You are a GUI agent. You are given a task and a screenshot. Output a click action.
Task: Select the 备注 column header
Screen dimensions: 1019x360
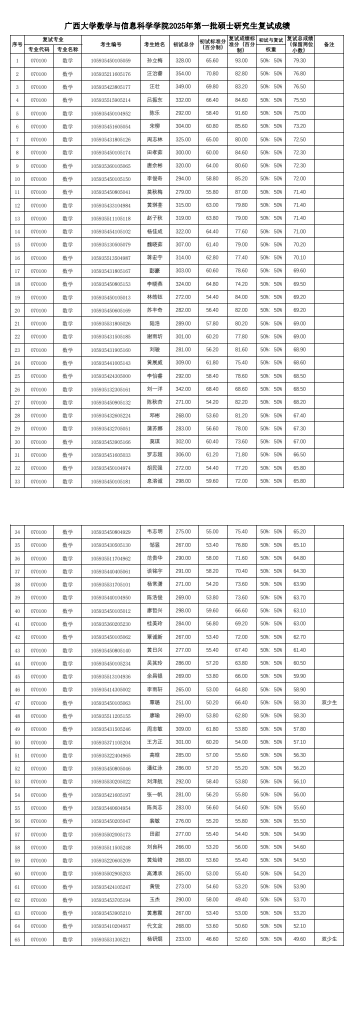coord(329,44)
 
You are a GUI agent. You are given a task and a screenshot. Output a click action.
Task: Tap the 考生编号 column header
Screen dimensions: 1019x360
coord(110,44)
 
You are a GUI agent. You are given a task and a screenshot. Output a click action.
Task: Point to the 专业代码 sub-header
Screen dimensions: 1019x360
coord(38,49)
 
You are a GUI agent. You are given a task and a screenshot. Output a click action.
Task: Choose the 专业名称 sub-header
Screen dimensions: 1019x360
coord(67,49)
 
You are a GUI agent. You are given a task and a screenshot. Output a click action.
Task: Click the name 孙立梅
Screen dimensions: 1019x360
coord(154,60)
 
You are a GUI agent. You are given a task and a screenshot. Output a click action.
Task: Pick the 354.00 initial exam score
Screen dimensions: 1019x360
coord(183,74)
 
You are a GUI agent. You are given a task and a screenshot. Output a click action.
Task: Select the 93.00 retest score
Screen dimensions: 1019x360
coord(241,60)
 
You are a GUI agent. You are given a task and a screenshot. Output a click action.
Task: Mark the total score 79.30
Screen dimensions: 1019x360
coord(299,60)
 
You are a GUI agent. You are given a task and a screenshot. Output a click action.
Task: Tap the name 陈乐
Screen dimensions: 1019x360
coord(154,113)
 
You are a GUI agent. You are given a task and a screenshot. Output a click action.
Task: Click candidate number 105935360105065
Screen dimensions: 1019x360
coord(110,166)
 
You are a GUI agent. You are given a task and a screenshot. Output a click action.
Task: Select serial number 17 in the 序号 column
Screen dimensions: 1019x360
coord(17,271)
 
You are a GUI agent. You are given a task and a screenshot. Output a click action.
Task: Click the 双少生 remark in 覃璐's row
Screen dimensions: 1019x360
coord(329,702)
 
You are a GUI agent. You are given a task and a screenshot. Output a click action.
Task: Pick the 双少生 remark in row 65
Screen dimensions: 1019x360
coord(329,939)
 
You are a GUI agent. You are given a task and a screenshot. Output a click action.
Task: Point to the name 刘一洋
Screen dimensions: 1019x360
coord(154,389)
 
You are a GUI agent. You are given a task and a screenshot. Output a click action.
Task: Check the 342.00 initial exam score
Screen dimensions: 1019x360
coord(183,389)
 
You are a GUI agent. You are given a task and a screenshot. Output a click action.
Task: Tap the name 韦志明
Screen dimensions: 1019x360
coord(154,531)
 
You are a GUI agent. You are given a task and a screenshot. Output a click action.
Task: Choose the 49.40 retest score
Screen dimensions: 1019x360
coord(241,899)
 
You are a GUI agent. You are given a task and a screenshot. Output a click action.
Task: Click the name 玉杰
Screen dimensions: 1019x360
coord(154,899)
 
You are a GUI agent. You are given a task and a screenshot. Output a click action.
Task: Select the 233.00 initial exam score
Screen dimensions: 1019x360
coord(183,939)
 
